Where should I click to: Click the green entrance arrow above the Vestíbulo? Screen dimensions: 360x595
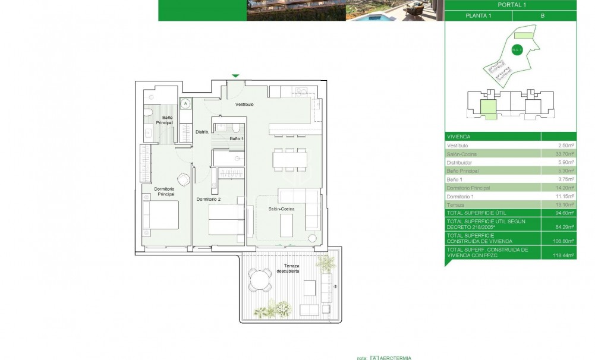[236, 76]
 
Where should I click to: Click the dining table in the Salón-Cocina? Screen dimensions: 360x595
[290, 159]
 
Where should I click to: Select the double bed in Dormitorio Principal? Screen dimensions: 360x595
[160, 215]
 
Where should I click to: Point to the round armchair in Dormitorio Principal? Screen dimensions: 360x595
[184, 178]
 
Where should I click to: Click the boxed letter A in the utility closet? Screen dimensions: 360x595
[185, 103]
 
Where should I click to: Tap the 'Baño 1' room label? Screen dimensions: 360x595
[236, 138]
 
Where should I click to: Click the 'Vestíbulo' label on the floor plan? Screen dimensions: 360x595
[244, 105]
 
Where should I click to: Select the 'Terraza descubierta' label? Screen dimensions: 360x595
[287, 268]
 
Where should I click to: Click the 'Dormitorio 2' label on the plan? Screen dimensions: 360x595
[209, 200]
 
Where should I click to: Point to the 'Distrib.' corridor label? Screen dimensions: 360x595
[202, 132]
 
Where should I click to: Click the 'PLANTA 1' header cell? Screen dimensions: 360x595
[477, 16]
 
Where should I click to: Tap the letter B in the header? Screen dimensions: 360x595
[542, 16]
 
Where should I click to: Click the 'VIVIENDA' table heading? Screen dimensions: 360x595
[458, 136]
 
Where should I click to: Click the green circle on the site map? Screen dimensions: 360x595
[516, 50]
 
